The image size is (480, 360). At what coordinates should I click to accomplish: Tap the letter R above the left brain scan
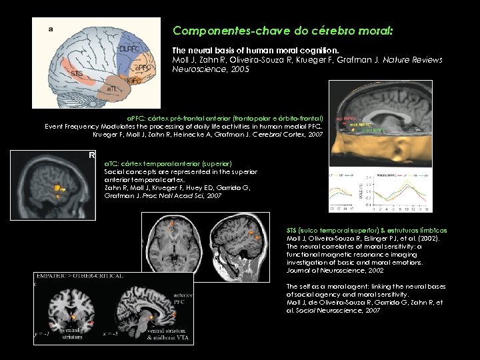(x=92, y=155)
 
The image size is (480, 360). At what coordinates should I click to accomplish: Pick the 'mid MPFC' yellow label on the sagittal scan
(x=361, y=124)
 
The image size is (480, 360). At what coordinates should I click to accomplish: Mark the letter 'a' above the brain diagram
(x=51, y=27)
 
